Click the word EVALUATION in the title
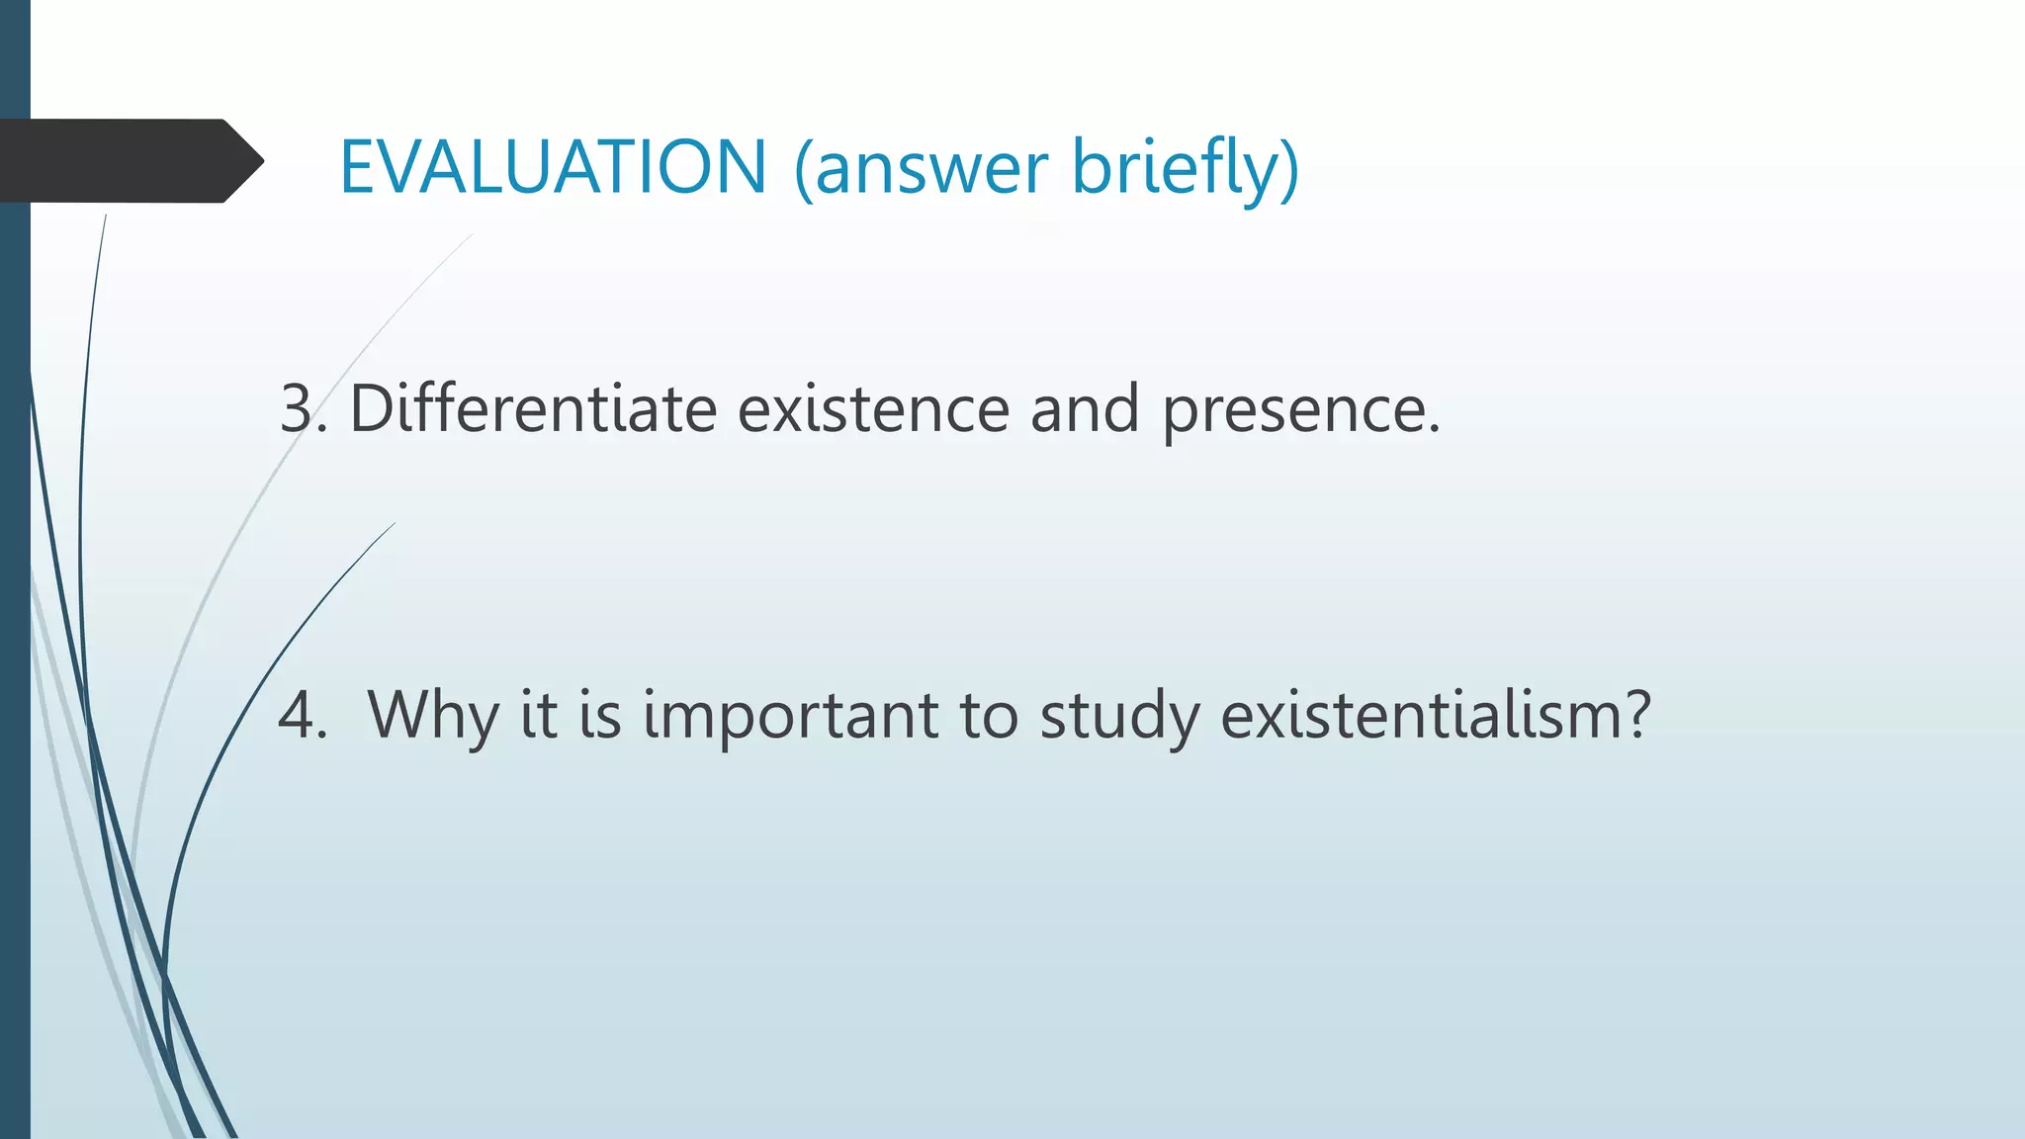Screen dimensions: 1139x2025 coord(553,166)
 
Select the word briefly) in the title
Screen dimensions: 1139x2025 coord(1186,168)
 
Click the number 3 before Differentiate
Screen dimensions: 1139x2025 coord(297,407)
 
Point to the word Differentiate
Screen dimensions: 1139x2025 coord(533,407)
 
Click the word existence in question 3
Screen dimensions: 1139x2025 coord(873,407)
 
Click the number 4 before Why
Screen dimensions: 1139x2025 coord(297,714)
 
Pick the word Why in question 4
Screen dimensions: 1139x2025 coord(432,714)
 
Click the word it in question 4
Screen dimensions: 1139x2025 coord(539,714)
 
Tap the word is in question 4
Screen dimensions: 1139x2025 coord(600,714)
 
